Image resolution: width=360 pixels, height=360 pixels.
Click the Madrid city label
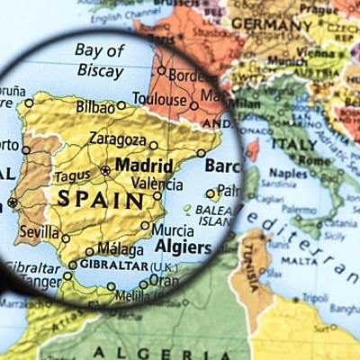tap(144, 166)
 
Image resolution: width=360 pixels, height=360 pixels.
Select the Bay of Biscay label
tap(100, 59)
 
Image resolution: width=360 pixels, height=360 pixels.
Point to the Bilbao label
tap(94, 106)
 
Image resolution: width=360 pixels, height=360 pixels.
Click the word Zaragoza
tap(117, 139)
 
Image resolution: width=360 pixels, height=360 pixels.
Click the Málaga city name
tap(119, 248)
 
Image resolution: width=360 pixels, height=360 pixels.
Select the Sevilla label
tap(39, 230)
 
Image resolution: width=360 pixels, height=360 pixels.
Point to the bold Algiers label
tap(184, 247)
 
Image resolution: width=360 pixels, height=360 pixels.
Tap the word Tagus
tap(71, 177)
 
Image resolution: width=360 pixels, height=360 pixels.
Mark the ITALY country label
tap(294, 144)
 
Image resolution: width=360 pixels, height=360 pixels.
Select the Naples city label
tap(289, 172)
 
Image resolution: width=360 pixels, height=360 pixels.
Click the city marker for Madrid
tap(105, 169)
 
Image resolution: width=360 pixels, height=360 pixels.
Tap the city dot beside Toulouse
tap(193, 105)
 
